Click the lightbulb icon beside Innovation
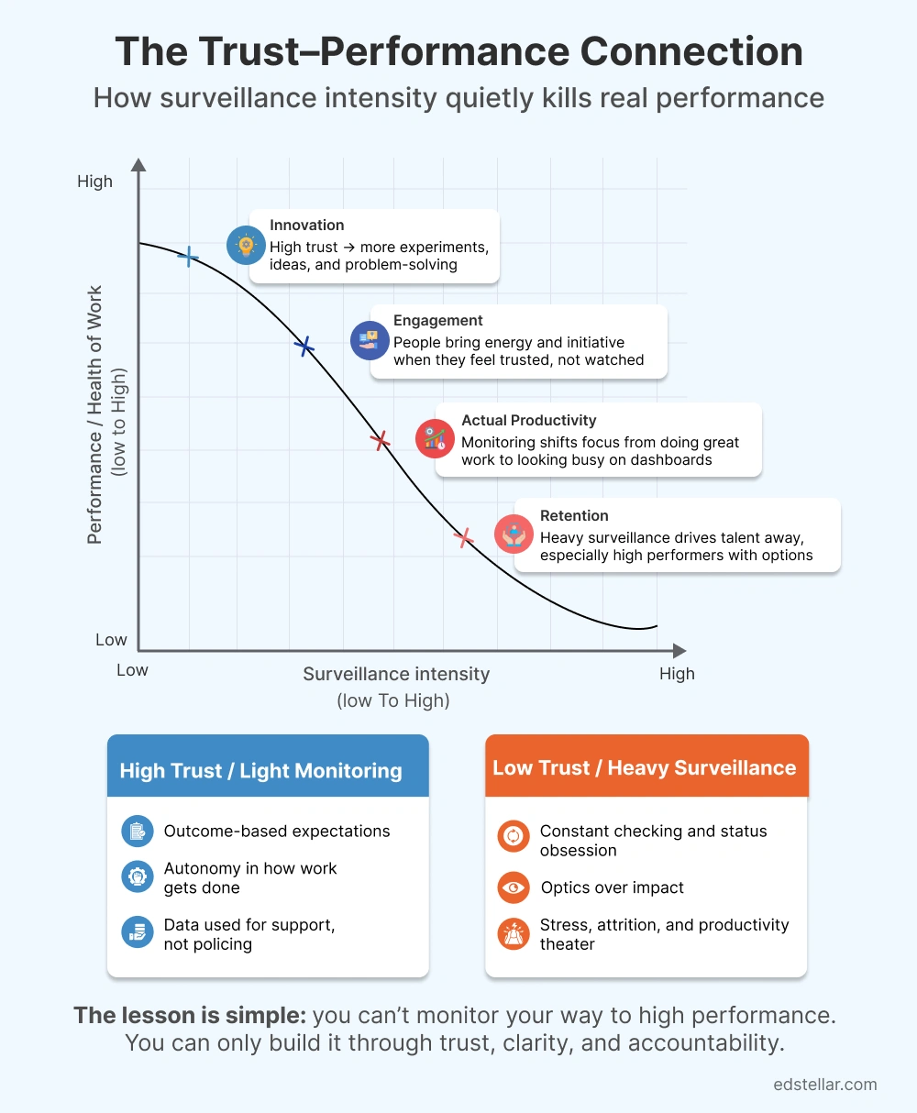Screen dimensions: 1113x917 click(x=246, y=245)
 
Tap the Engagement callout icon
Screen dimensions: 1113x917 click(x=370, y=340)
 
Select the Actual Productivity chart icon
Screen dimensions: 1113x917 click(x=435, y=438)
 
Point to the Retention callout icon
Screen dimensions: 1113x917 click(x=514, y=534)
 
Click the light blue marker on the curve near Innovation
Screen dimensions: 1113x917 click(x=189, y=257)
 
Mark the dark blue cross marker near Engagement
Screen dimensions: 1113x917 click(x=304, y=346)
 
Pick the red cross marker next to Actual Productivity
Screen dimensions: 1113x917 click(x=380, y=441)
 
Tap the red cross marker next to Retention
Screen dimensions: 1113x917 click(x=465, y=537)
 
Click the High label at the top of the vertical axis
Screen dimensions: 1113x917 click(x=94, y=182)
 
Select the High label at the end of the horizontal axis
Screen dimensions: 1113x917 click(x=677, y=674)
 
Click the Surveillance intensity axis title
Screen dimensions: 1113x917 click(x=396, y=674)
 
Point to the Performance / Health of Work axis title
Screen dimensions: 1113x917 click(x=95, y=415)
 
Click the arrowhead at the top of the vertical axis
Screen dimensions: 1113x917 click(x=138, y=165)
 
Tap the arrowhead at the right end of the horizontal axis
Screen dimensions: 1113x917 click(x=679, y=651)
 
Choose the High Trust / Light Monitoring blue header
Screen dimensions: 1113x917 click(x=268, y=769)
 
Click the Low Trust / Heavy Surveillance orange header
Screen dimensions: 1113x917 click(x=645, y=767)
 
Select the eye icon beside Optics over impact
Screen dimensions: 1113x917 click(x=513, y=887)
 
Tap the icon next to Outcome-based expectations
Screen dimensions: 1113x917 click(x=138, y=832)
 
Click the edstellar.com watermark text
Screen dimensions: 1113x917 click(x=825, y=1085)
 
